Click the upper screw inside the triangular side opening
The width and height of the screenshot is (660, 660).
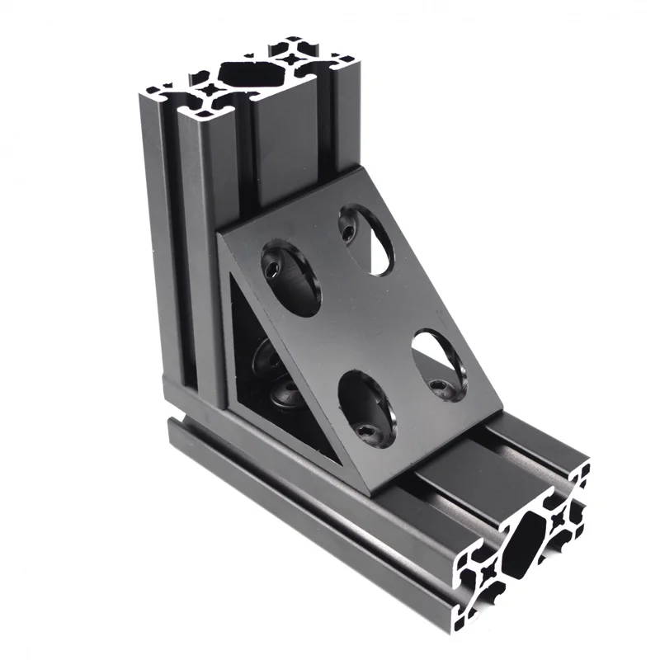pos(266,356)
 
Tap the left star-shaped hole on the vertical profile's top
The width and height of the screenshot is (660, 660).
pos(210,89)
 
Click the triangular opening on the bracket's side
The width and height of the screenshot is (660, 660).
pos(264,363)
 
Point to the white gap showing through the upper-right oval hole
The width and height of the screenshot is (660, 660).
pos(379,252)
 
